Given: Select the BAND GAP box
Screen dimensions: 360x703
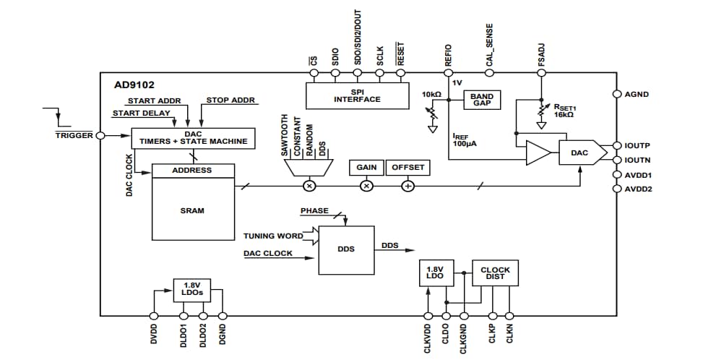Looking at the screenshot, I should [x=481, y=100].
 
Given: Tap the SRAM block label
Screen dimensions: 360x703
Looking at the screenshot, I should [x=192, y=210].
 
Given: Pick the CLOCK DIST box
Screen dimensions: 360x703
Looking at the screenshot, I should [x=495, y=274].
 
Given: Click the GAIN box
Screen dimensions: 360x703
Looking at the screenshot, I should [x=366, y=167].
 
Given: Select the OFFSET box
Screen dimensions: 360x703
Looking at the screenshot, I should [x=407, y=167].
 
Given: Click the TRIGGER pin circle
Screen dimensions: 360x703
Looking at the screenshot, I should [x=100, y=135].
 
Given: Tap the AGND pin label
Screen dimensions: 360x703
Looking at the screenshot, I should [x=637, y=94].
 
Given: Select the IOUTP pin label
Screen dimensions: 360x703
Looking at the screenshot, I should [x=638, y=145].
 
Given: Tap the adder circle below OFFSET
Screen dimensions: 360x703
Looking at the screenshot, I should [x=407, y=186].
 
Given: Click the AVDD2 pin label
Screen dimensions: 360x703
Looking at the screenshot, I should [x=639, y=189].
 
